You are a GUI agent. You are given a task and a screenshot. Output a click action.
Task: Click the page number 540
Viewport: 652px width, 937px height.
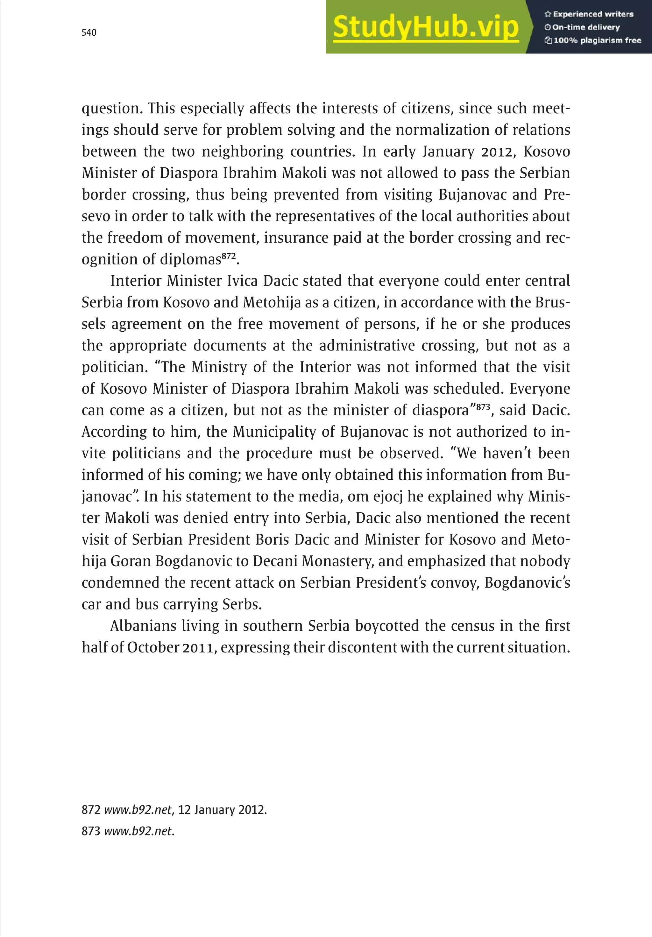coord(89,33)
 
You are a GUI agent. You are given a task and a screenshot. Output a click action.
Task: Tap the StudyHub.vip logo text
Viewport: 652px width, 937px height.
coord(425,27)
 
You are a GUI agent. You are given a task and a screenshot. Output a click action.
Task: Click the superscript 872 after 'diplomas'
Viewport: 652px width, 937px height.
coord(229,256)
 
